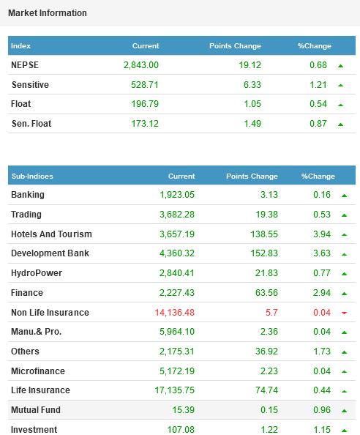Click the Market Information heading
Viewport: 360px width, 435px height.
click(48, 13)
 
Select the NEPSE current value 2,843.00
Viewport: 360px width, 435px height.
click(141, 65)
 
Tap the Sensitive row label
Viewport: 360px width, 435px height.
click(30, 85)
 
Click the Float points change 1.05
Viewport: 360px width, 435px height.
click(252, 104)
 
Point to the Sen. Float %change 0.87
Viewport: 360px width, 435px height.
click(318, 124)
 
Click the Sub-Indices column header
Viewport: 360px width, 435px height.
click(32, 176)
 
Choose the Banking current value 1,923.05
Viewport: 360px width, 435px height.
click(177, 195)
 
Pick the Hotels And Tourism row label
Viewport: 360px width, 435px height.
click(51, 234)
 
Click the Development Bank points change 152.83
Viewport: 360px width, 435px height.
click(264, 253)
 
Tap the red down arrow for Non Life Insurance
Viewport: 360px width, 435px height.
click(344, 313)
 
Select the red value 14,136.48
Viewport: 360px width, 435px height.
click(175, 313)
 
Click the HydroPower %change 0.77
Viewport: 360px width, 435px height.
click(322, 273)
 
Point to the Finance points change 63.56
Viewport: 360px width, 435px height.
click(266, 293)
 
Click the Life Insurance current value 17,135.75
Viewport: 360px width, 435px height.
click(175, 390)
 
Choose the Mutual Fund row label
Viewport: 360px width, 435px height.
click(36, 410)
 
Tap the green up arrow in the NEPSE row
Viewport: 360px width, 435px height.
click(340, 66)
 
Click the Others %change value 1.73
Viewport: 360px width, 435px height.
click(322, 352)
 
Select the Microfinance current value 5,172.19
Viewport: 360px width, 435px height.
click(177, 371)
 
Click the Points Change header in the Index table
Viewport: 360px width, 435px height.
click(235, 46)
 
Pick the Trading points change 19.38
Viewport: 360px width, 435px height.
click(266, 215)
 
